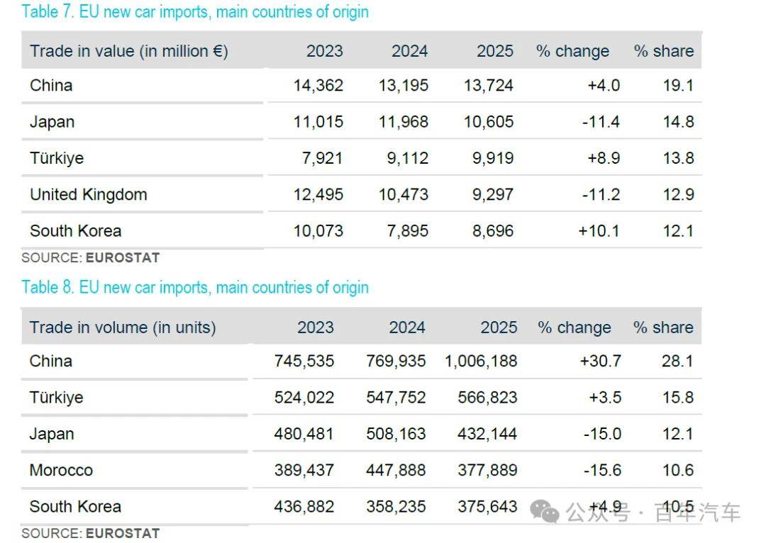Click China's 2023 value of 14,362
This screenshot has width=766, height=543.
[318, 86]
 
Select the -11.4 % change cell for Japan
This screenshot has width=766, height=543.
[601, 122]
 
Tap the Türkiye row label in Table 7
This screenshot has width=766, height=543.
[57, 158]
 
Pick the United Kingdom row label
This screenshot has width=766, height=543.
[89, 194]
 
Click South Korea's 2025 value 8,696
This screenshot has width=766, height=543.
[493, 231]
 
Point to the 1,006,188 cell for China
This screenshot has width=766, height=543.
[481, 361]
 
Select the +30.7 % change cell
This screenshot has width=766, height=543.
[601, 361]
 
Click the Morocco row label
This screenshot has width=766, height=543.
[61, 470]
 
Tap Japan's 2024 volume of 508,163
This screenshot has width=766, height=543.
[396, 434]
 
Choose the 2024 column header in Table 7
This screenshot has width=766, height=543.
[409, 51]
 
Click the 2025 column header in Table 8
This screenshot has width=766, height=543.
[499, 328]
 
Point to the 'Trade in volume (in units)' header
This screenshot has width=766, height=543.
[123, 328]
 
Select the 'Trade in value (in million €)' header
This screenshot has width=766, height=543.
[129, 51]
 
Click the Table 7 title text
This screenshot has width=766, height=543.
[195, 11]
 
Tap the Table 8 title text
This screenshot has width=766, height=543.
[195, 287]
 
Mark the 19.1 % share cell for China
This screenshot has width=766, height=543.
[678, 86]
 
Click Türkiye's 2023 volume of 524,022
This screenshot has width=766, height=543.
[304, 398]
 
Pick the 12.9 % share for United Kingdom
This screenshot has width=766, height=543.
[678, 194]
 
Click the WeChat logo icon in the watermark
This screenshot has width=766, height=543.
[544, 512]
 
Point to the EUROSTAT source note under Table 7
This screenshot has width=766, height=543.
[90, 258]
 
